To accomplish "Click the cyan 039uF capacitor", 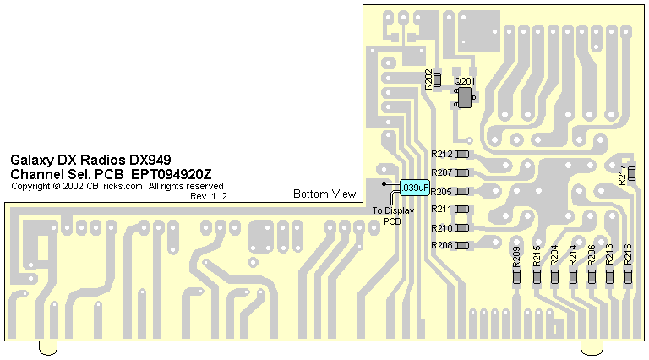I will (415, 187).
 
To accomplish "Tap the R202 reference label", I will (428, 79).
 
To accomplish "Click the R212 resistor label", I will (442, 155).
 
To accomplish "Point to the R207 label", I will (442, 172).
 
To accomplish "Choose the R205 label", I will (442, 192).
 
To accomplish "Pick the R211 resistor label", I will (442, 209).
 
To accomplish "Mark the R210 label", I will (442, 228).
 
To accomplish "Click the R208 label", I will (442, 245).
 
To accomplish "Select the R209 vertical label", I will (517, 256).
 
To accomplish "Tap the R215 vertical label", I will (537, 256).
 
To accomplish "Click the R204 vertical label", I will (554, 256).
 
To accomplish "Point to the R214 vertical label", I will (573, 256).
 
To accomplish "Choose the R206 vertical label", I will (592, 256).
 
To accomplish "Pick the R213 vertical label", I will (609, 256).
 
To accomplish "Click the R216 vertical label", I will (628, 256).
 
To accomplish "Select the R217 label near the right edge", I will (622, 175).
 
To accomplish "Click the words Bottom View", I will (324, 194).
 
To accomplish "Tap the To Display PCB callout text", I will (393, 215).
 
